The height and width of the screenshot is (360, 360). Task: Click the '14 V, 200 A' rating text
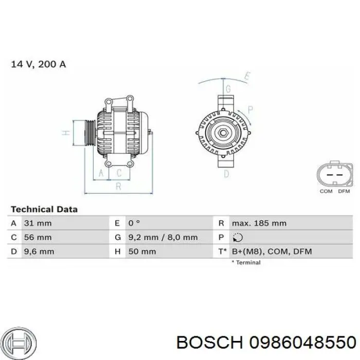point(39,65)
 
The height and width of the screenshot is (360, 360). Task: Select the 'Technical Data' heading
point(44,209)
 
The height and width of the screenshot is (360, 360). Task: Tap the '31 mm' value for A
point(38,223)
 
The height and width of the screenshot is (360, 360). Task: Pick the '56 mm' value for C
point(38,238)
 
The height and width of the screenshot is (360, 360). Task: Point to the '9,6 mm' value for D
point(39,251)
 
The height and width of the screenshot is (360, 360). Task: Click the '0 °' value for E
point(134,223)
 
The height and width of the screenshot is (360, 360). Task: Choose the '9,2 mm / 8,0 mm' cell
point(163,238)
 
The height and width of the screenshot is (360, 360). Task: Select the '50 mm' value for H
point(142,251)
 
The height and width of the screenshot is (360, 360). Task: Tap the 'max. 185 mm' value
point(259,223)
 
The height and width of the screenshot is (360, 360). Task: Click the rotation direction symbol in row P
point(238,238)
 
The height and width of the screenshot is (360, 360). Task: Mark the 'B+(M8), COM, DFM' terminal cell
point(272,251)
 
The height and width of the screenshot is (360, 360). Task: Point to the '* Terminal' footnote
point(246,262)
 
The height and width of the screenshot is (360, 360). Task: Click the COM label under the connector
point(326,191)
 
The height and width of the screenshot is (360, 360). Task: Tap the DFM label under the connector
point(344,191)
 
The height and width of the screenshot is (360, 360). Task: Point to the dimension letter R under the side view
point(118,186)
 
